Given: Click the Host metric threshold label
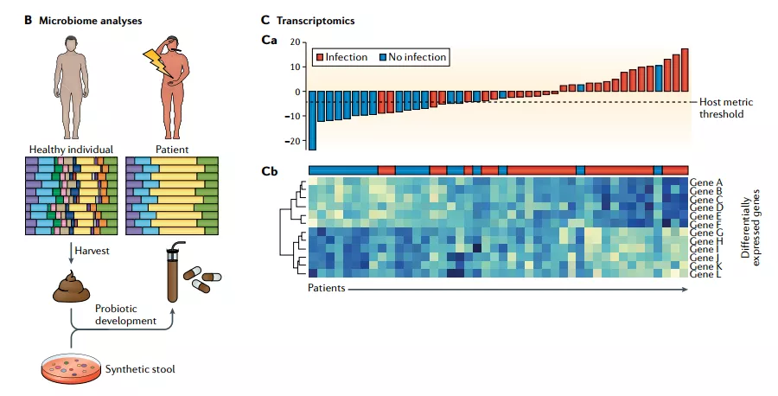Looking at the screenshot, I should (721, 107).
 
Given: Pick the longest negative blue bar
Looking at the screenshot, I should (313, 120).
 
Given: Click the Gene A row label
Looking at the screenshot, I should (707, 183).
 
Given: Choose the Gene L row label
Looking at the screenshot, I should (707, 274).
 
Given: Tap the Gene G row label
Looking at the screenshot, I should (707, 233).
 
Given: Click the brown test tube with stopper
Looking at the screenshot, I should (172, 273).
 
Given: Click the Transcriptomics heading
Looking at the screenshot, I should (315, 18).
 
